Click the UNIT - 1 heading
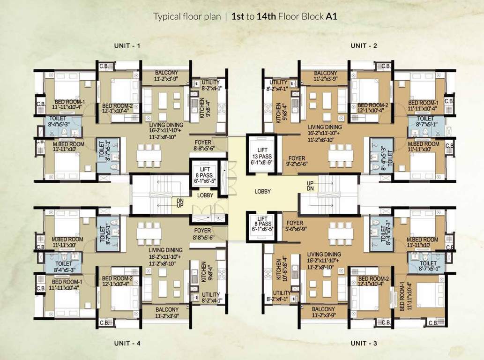127,45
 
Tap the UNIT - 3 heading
364,344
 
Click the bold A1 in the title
332,16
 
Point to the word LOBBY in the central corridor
263,192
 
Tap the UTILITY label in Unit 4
210,298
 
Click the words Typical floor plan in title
186,16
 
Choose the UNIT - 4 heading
127,344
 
